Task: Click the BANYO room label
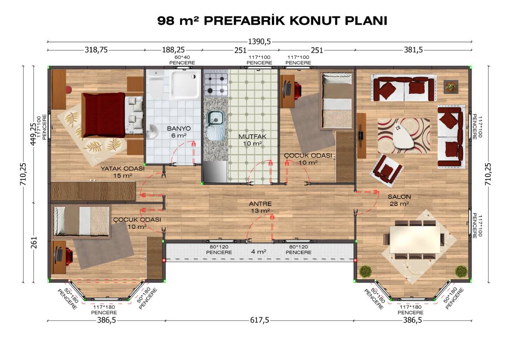(179, 129)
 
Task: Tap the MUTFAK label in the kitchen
(252, 137)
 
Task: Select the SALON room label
(399, 197)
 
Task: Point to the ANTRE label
(260, 204)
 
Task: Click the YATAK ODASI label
(123, 169)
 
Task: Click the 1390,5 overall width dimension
(259, 42)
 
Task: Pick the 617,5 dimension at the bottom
(260, 320)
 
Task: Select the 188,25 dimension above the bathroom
(173, 50)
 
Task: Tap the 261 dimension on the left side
(34, 242)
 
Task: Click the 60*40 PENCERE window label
(182, 60)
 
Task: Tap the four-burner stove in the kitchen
(215, 84)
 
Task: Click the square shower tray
(185, 84)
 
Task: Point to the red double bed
(113, 115)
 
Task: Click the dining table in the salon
(415, 239)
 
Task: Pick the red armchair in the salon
(386, 169)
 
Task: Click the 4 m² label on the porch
(259, 251)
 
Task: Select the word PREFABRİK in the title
(244, 21)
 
